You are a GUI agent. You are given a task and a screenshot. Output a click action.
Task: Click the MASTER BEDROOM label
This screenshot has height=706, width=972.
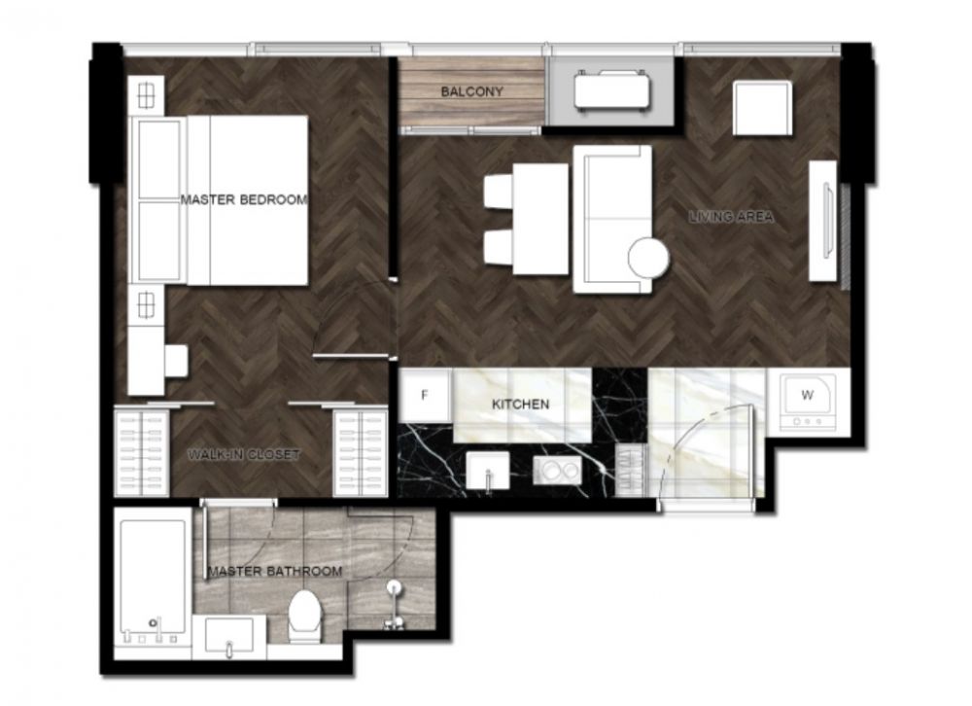pyautogui.click(x=244, y=199)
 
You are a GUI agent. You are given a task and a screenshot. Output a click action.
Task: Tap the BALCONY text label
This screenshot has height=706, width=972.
pyautogui.click(x=471, y=91)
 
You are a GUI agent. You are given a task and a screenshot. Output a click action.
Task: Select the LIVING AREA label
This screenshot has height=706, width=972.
pyautogui.click(x=732, y=217)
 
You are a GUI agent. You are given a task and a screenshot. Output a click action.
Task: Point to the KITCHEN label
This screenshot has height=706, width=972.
pyautogui.click(x=520, y=405)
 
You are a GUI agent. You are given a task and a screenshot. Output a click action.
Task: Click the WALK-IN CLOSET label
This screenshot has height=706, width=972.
pyautogui.click(x=244, y=455)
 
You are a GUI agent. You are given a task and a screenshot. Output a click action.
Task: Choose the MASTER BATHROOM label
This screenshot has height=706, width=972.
pyautogui.click(x=275, y=572)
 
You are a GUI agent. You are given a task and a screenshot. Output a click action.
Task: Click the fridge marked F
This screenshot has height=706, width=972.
pyautogui.click(x=426, y=395)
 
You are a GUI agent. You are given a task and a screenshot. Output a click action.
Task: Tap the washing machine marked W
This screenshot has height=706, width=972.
pyautogui.click(x=808, y=400)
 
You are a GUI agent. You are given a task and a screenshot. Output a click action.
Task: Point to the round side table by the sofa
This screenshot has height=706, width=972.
pyautogui.click(x=648, y=257)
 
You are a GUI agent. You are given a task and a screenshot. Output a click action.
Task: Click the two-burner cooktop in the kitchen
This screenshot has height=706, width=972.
pyautogui.click(x=557, y=471)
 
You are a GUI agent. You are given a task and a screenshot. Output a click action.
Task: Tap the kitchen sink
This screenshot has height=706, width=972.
pyautogui.click(x=488, y=471)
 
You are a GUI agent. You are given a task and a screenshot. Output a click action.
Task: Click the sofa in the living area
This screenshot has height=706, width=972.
pyautogui.click(x=611, y=219)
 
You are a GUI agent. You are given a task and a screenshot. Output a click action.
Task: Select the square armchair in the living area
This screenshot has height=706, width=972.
pyautogui.click(x=762, y=108)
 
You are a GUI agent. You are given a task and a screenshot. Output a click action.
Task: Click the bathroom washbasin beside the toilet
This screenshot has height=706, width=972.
pyautogui.click(x=229, y=635)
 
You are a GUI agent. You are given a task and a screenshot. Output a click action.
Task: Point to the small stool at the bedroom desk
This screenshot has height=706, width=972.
pyautogui.click(x=176, y=361)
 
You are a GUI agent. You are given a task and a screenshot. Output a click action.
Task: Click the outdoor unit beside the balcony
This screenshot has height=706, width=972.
pyautogui.click(x=611, y=91)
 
